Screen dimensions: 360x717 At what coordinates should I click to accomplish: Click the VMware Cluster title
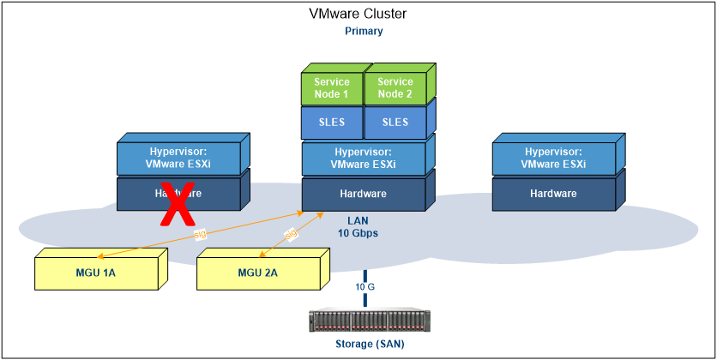point(358,14)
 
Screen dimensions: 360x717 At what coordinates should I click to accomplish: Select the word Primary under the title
point(364,31)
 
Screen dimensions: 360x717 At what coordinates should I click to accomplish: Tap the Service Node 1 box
point(332,88)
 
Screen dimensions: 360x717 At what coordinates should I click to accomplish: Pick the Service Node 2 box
point(395,88)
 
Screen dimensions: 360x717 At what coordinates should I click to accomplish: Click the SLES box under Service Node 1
point(332,123)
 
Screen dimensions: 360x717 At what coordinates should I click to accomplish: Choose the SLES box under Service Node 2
point(395,123)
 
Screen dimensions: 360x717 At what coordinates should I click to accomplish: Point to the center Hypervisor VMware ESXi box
point(364,159)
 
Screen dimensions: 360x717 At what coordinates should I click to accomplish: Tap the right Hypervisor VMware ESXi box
point(553,159)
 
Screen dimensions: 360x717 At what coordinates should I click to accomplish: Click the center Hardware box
point(364,194)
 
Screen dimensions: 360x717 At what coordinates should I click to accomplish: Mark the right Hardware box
point(553,194)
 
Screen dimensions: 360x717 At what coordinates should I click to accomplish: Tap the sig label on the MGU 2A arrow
point(291,232)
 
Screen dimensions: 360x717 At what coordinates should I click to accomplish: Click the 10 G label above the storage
point(365,286)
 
